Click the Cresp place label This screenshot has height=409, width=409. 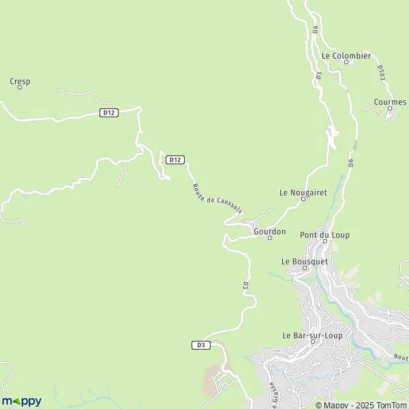[20, 81]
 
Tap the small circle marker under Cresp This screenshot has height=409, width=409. [20, 88]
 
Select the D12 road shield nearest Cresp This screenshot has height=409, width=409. [107, 112]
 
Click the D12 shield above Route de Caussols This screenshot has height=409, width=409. [175, 160]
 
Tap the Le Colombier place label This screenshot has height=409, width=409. [346, 55]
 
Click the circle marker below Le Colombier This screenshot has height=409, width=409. [346, 62]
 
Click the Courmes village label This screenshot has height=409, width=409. [390, 102]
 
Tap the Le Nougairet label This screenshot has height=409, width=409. [303, 192]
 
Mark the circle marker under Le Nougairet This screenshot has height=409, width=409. [303, 199]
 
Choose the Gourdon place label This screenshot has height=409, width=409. [269, 231]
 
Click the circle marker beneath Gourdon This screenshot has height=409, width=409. [270, 239]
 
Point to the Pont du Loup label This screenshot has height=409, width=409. [325, 235]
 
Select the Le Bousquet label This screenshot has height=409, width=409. [305, 261]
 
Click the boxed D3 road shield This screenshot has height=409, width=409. [200, 345]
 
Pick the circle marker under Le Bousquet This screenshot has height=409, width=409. [305, 268]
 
